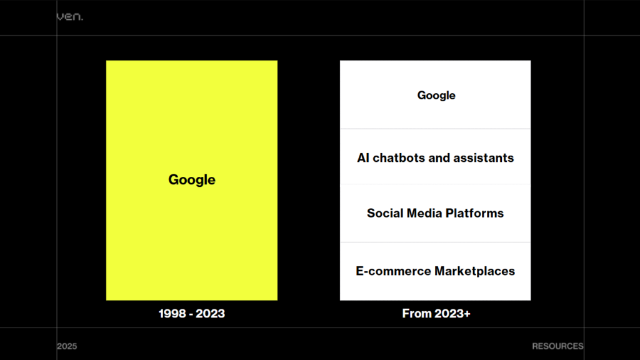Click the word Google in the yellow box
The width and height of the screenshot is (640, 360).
coord(192,180)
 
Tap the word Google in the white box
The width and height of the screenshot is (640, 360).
coord(436,96)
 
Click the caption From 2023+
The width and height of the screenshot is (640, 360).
coord(436,314)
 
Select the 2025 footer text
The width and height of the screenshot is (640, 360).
coord(66,346)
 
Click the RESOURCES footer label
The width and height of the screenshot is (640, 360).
coord(557,346)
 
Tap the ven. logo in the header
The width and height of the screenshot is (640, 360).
coord(69,17)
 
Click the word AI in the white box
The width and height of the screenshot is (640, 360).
coord(364,158)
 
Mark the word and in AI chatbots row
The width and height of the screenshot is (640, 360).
coord(439,158)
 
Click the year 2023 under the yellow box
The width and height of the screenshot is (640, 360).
coord(211,314)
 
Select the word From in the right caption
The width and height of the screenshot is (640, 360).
coord(417,314)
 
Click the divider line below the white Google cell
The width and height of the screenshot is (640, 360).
coord(435,129)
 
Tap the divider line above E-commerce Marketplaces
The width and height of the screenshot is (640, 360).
coord(435,242)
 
